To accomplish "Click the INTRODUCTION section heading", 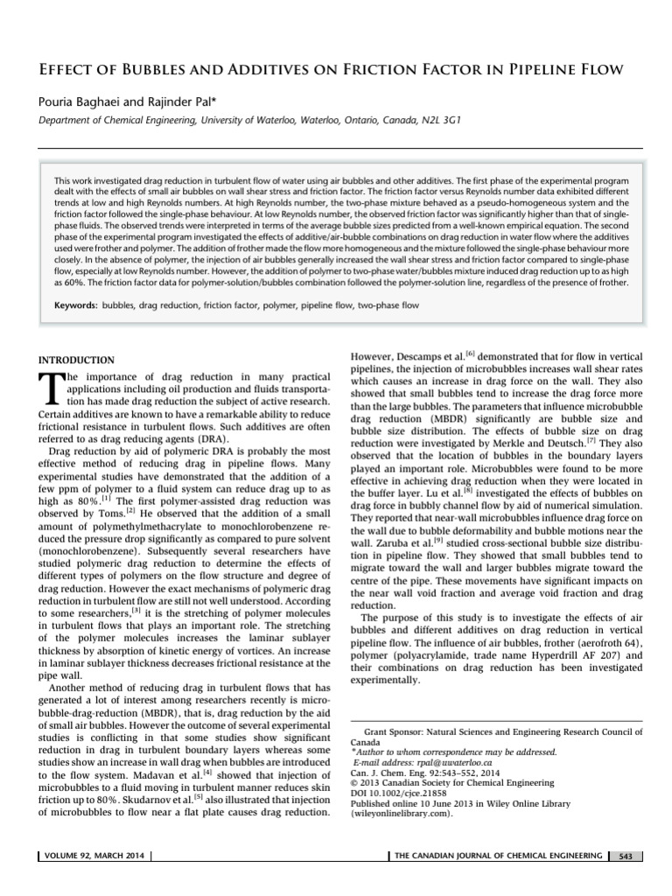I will click(x=76, y=360).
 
